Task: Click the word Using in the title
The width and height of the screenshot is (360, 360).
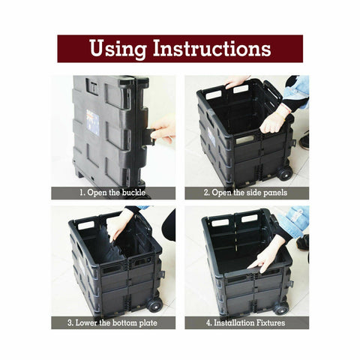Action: pos(118,49)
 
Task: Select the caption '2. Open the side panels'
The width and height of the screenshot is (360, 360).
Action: pos(247,193)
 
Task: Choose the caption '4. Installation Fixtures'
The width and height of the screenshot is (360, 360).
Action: pos(247,322)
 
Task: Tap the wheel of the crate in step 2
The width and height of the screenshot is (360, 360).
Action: pos(285,174)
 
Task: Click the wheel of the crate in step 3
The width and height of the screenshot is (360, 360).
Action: pos(154,305)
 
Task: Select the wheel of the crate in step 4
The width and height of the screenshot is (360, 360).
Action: pos(280,307)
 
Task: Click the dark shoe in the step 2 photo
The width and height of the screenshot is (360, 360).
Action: pos(304,140)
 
